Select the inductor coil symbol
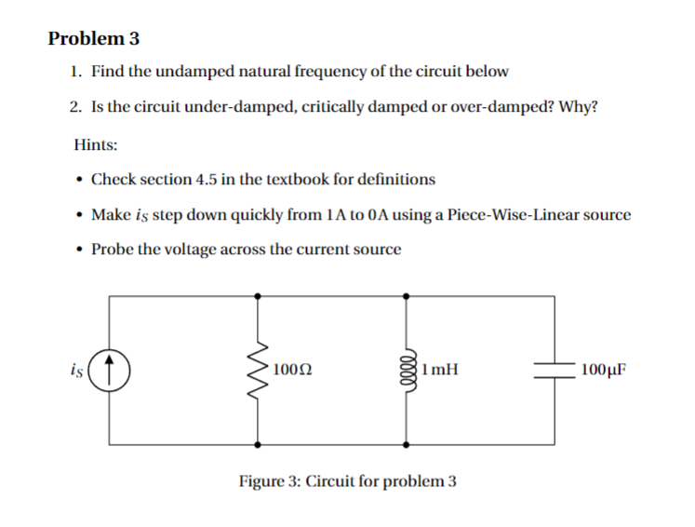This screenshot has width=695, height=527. [407, 368]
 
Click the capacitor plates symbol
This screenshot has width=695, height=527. [556, 368]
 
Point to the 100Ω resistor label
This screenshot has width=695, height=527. [292, 369]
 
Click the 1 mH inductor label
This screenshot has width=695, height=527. [439, 369]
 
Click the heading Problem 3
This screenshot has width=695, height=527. [93, 39]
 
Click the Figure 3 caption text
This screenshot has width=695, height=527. [347, 481]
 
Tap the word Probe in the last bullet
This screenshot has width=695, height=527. [112, 250]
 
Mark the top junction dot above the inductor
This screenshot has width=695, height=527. [407, 294]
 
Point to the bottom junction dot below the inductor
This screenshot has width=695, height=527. [407, 442]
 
